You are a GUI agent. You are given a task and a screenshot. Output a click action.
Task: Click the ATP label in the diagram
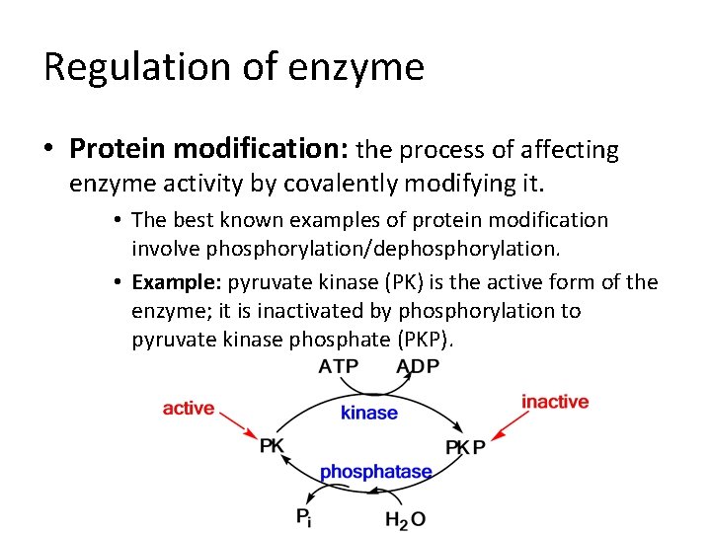tap(339, 367)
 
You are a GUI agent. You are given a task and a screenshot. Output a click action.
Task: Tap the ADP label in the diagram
tap(419, 367)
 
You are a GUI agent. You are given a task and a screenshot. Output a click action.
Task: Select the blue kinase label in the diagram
tap(369, 413)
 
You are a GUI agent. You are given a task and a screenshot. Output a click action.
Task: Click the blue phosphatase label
tap(376, 471)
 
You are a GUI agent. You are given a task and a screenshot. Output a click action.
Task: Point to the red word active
tap(189, 408)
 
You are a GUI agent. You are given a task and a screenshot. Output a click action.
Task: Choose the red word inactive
tap(555, 402)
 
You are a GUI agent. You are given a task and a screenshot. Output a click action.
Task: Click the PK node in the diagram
tap(272, 446)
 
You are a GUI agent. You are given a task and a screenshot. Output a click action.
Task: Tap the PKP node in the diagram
tap(465, 447)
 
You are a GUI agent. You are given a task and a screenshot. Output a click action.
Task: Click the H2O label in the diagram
tap(405, 517)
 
